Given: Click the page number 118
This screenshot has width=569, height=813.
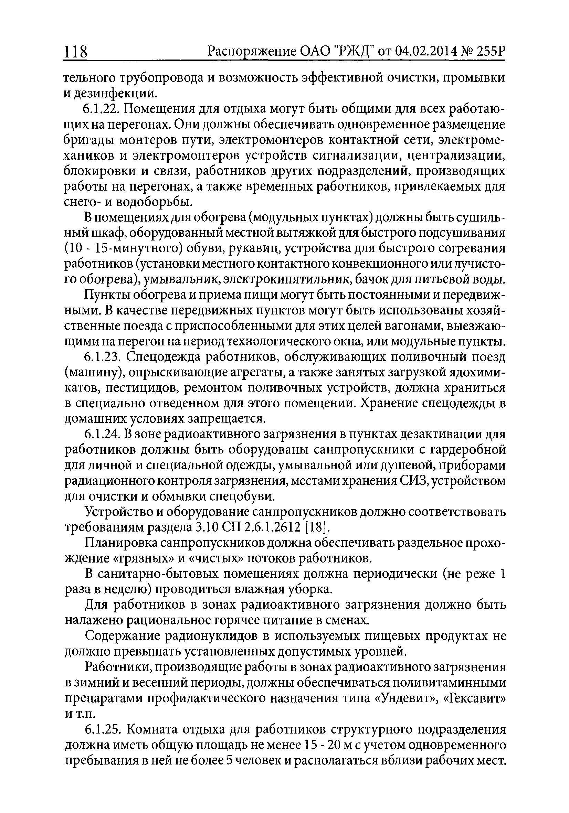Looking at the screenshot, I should [75, 52].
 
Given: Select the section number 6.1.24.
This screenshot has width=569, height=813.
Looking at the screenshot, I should [102, 435].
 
